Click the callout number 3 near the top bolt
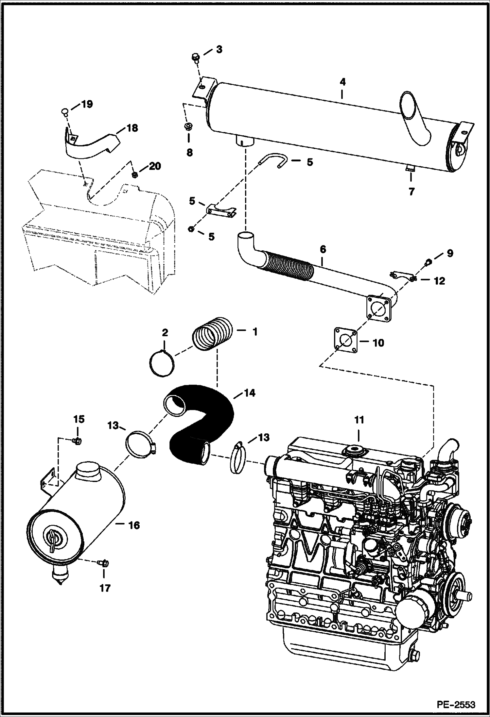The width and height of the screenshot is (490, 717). point(219,50)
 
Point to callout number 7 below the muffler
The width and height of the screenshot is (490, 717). point(411,192)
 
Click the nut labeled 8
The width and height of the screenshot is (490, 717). point(189,127)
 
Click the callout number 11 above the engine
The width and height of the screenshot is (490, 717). point(359,420)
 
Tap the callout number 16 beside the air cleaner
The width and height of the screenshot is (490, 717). point(134,525)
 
